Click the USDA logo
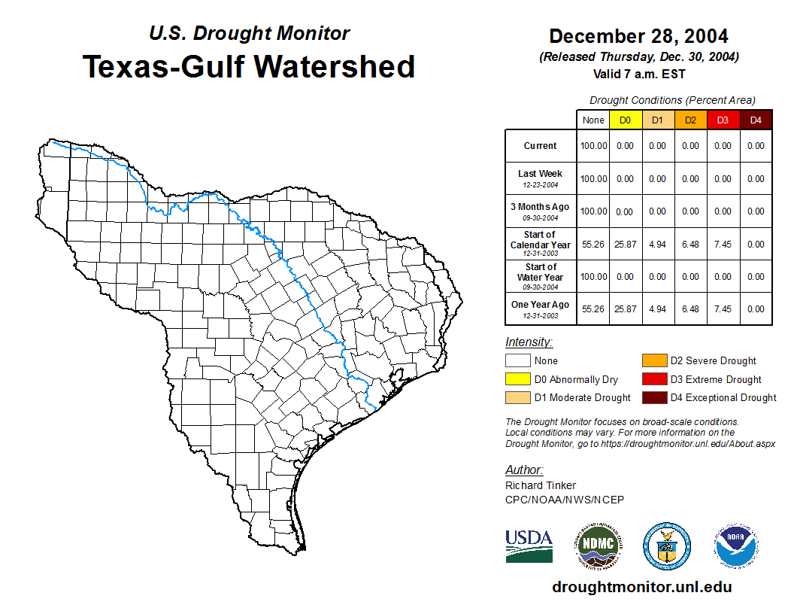pyautogui.click(x=529, y=546)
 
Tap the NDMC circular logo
pyautogui.click(x=595, y=546)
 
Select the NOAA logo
pyautogui.click(x=736, y=546)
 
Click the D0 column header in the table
pyautogui.click(x=625, y=120)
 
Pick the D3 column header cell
pyautogui.click(x=723, y=120)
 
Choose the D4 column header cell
pyautogui.click(x=756, y=120)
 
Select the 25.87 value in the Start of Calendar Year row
pyautogui.click(x=625, y=244)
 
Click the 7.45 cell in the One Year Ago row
pyautogui.click(x=723, y=309)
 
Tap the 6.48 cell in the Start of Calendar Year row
pyautogui.click(x=690, y=244)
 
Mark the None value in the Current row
pyautogui.click(x=592, y=146)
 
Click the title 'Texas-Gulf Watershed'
pyautogui.click(x=248, y=66)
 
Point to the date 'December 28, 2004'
pyautogui.click(x=638, y=36)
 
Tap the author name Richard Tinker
pyautogui.click(x=541, y=485)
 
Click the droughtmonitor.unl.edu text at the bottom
pyautogui.click(x=641, y=587)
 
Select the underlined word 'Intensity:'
pyautogui.click(x=529, y=342)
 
